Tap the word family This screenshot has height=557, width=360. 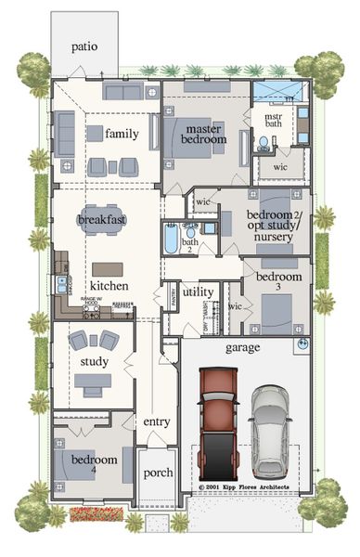122,134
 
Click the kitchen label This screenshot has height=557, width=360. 109,286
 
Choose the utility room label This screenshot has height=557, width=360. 198,291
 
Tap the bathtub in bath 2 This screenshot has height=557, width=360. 172,240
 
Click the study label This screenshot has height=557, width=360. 95,361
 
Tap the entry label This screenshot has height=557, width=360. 157,422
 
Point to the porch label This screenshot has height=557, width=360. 158,473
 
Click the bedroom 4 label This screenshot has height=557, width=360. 94,465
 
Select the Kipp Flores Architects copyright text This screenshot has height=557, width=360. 245,486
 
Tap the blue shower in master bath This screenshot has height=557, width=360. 277,91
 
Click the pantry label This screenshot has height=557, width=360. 174,295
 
